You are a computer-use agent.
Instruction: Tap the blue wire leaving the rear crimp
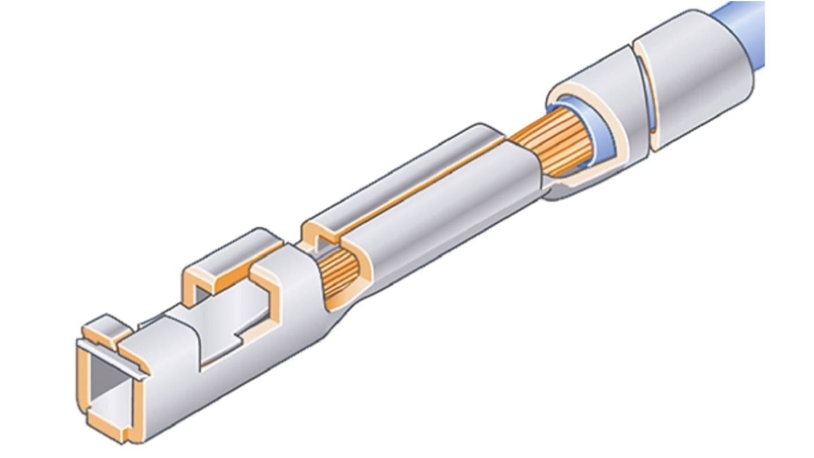[x=745, y=23]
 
